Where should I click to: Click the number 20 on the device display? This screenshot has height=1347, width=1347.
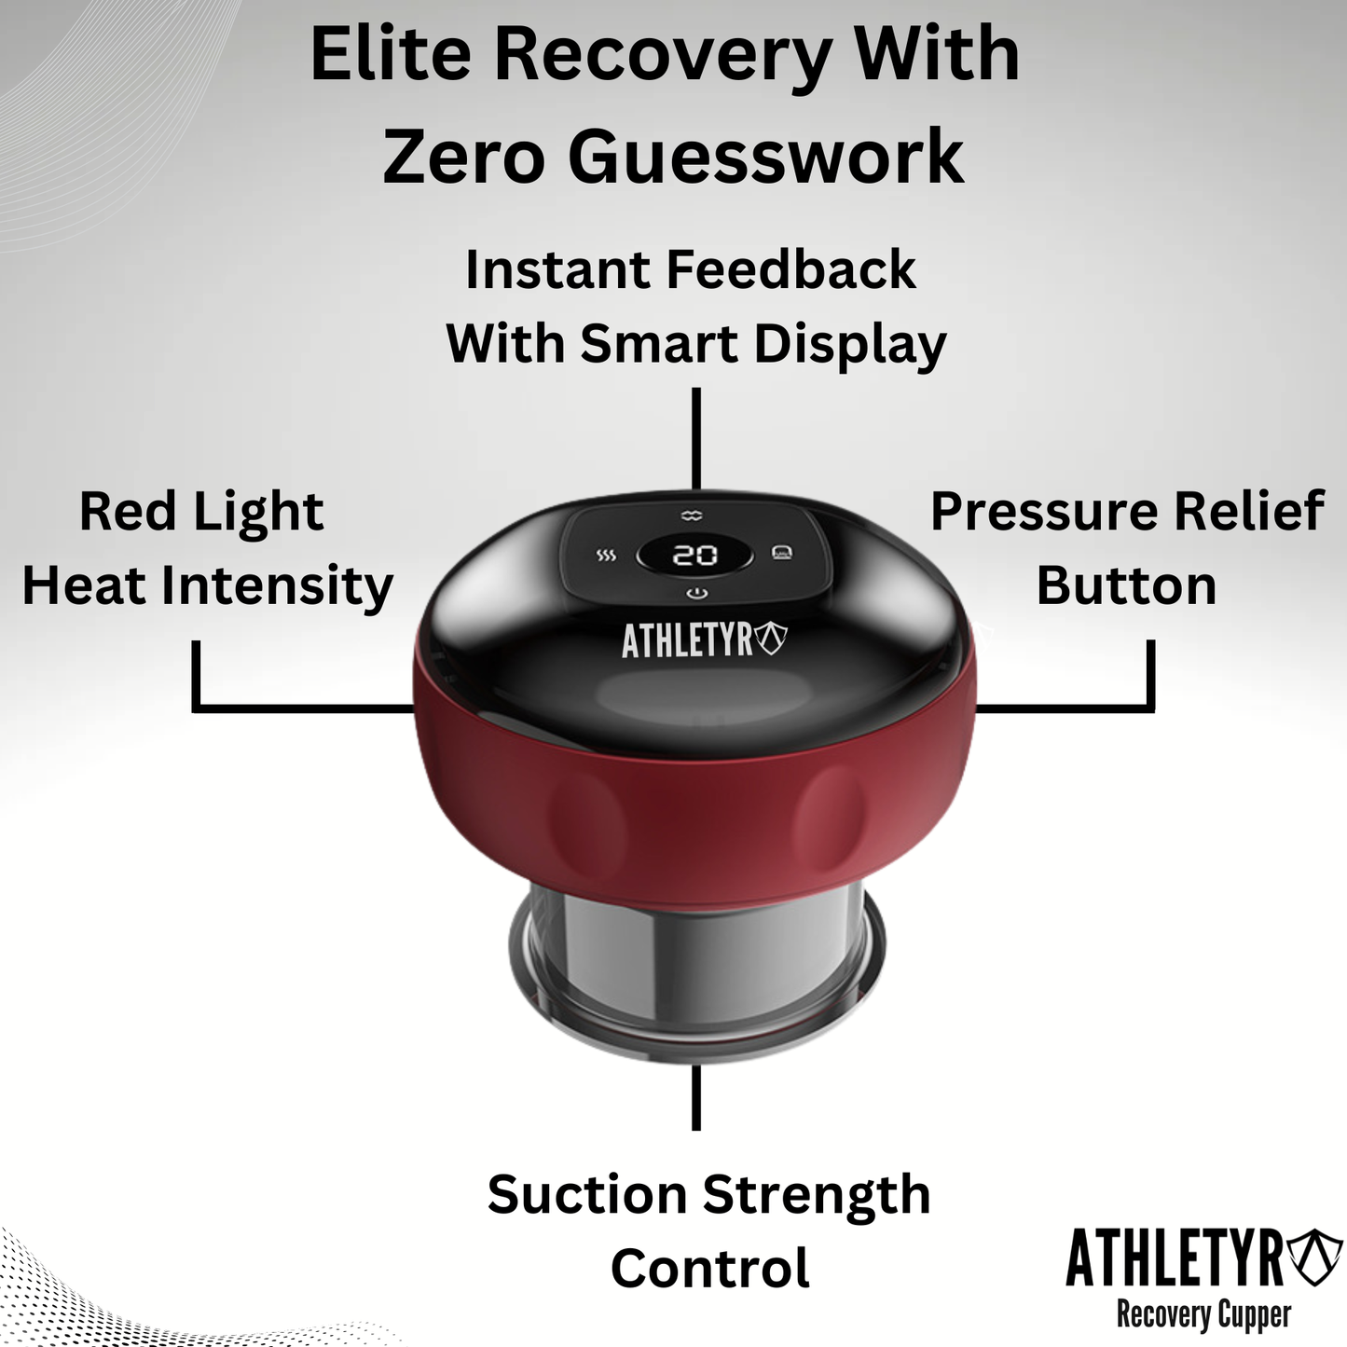click(694, 556)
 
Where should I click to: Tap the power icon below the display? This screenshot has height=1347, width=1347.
click(696, 594)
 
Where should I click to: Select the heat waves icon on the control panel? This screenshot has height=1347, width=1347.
click(606, 557)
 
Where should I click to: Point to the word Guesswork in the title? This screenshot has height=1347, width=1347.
click(765, 156)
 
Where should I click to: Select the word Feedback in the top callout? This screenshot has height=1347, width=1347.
click(791, 270)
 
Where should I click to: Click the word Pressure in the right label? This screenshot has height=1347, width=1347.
click(1044, 512)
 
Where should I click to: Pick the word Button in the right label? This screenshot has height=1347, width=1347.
click(1126, 586)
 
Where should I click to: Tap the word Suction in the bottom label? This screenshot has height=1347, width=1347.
click(587, 1195)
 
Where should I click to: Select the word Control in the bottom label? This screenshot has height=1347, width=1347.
click(710, 1269)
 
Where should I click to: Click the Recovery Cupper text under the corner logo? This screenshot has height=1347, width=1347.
click(1203, 1315)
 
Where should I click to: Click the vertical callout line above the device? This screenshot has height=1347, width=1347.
click(696, 438)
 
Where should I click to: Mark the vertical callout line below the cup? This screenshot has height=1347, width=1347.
click(696, 1097)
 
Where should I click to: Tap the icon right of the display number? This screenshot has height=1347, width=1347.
click(782, 554)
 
